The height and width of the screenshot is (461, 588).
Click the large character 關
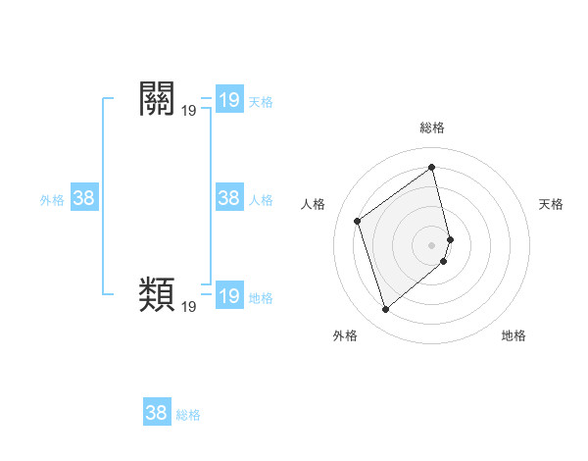click(159, 100)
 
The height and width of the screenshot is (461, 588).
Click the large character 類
click(159, 293)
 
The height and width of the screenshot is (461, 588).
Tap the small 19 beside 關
click(189, 112)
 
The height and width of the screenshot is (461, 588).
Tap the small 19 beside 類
click(189, 307)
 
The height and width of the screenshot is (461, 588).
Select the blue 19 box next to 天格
click(229, 100)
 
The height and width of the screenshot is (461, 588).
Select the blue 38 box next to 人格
click(229, 198)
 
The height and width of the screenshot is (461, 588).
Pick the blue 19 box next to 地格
click(229, 296)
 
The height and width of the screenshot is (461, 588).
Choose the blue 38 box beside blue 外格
click(84, 198)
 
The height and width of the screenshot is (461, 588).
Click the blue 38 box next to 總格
click(157, 413)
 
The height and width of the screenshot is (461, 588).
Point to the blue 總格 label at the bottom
click(188, 415)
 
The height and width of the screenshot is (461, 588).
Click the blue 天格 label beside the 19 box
click(261, 102)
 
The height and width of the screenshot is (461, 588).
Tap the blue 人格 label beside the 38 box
click(261, 200)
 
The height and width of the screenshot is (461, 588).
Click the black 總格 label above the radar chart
click(431, 128)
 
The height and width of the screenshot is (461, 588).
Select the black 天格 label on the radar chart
click(551, 204)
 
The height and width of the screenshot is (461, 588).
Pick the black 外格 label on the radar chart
click(345, 335)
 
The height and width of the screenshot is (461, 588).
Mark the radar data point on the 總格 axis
click(431, 167)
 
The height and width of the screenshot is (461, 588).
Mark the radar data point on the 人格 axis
click(358, 221)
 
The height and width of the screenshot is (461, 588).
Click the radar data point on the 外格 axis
click(386, 310)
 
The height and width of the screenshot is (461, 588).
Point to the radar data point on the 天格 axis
click(450, 238)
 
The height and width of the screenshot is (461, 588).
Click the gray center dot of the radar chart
click(431, 244)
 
